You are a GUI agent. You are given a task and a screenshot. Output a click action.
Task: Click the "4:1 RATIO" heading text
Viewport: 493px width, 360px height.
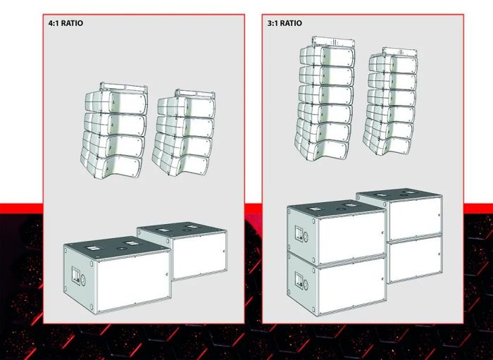pyautogui.click(x=65, y=23)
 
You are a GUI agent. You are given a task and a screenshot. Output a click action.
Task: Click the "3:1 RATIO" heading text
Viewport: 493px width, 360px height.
pyautogui.click(x=285, y=23)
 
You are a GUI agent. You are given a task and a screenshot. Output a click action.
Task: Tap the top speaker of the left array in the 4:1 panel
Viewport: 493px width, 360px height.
pyautogui.click(x=116, y=102)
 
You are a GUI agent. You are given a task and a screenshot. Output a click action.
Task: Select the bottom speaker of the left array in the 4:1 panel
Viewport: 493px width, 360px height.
pyautogui.click(x=111, y=163)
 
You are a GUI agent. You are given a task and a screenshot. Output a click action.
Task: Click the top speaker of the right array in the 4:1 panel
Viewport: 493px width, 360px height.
pyautogui.click(x=186, y=106)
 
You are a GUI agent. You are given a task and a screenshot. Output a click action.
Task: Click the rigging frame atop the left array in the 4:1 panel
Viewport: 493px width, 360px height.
pyautogui.click(x=123, y=87)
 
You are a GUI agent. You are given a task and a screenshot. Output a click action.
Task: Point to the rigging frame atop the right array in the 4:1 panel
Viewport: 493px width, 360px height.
pyautogui.click(x=195, y=94)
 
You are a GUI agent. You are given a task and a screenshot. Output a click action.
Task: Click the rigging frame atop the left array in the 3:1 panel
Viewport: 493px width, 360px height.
pyautogui.click(x=334, y=42)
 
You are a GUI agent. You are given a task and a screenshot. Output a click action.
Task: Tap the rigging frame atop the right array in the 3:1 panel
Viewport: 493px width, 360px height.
pyautogui.click(x=400, y=52)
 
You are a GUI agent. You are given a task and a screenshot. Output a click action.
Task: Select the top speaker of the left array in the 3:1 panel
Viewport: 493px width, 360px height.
pyautogui.click(x=327, y=56)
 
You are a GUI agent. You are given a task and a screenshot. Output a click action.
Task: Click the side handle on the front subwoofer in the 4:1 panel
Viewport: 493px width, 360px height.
pyautogui.click(x=76, y=275)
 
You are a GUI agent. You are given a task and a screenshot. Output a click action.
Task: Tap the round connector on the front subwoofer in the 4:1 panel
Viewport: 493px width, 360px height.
pyautogui.click(x=83, y=280)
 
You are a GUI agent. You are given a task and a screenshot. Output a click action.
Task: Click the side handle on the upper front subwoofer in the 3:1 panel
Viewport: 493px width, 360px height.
pyautogui.click(x=299, y=234)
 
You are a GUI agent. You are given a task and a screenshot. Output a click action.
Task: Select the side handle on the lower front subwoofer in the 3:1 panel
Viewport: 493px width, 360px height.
pyautogui.click(x=299, y=280)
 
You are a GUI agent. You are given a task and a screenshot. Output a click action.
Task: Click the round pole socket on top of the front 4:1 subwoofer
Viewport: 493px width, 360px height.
pyautogui.click(x=120, y=249)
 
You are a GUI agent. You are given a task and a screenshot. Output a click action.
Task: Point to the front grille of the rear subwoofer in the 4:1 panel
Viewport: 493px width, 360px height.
pyautogui.click(x=199, y=255)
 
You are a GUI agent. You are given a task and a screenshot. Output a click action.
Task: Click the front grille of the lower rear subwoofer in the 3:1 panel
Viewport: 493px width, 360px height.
pyautogui.click(x=415, y=259)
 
